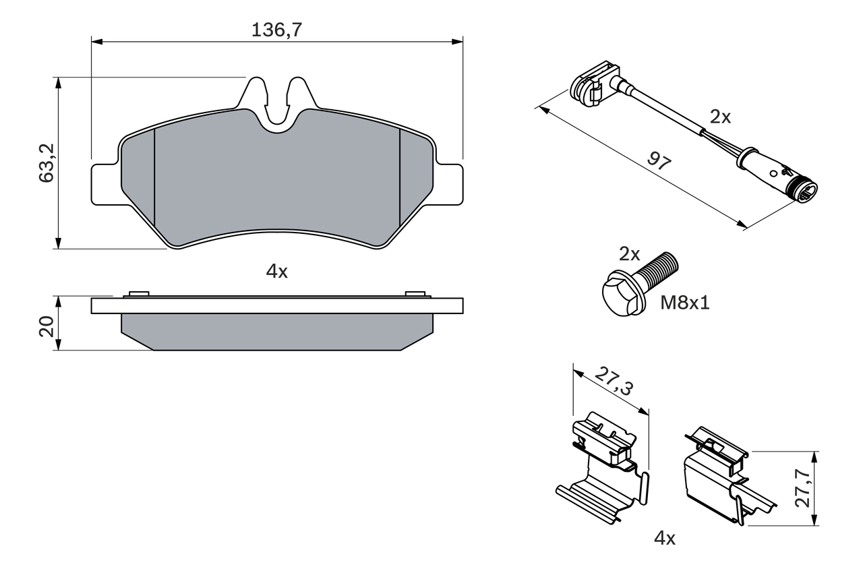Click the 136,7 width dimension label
pyautogui.click(x=276, y=30)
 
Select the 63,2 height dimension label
pyautogui.click(x=46, y=162)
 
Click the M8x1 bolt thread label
pyautogui.click(x=684, y=303)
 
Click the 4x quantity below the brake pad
pyautogui.click(x=276, y=272)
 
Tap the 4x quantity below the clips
pyautogui.click(x=665, y=537)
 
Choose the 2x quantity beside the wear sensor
pyautogui.click(x=720, y=117)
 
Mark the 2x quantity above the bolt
pyautogui.click(x=629, y=254)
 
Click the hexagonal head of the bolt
pyautogui.click(x=620, y=295)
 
